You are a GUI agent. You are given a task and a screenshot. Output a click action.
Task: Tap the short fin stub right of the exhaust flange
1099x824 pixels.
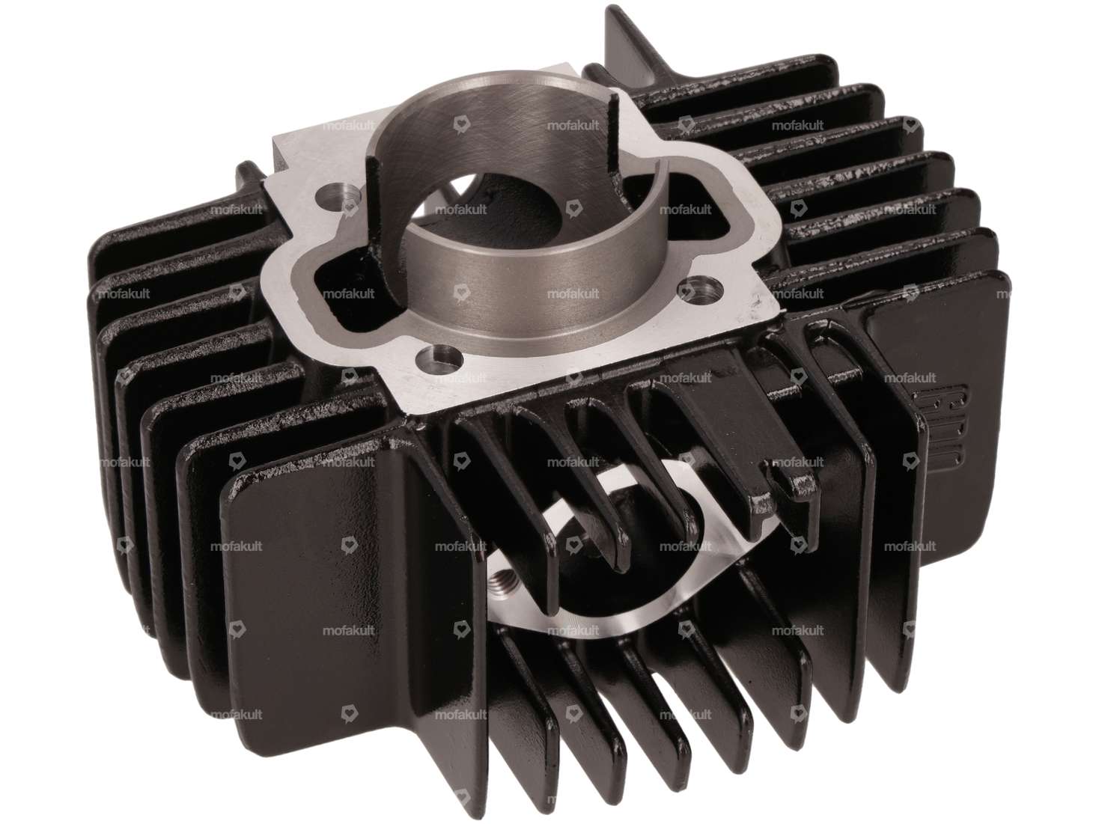(779, 479)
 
